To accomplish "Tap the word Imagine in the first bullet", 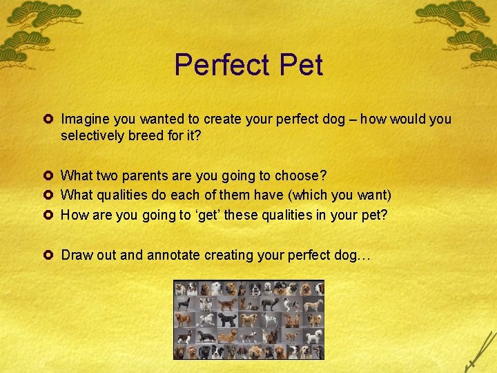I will pos(85,119).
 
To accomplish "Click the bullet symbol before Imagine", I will pos(50,119).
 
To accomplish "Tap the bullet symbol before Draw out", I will pos(50,254).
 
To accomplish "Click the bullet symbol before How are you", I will pos(50,214).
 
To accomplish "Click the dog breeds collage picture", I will pos(248,319).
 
